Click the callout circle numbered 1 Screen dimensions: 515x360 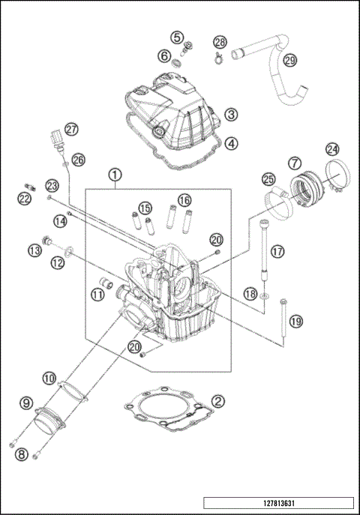point(115,175)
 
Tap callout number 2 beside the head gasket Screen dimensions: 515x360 point(217,402)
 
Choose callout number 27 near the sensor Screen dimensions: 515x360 point(71,129)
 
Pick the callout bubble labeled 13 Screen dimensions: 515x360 point(34,250)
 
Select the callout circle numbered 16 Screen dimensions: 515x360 point(184,201)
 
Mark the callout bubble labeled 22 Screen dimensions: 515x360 point(25,198)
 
